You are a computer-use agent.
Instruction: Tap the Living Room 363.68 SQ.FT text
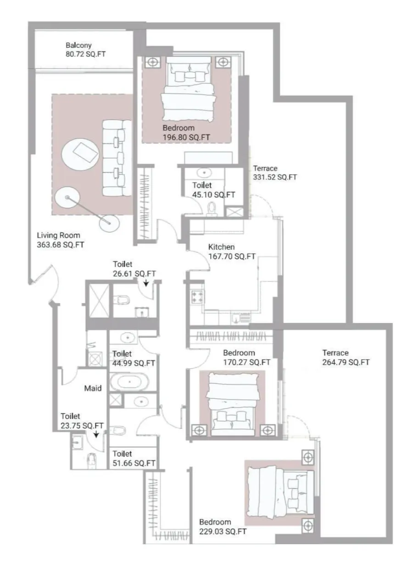(61, 240)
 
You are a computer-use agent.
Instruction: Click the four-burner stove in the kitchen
(197, 296)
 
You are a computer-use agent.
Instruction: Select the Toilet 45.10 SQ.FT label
(213, 190)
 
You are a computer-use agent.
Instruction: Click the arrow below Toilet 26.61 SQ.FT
(146, 283)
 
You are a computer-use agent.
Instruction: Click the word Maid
(93, 388)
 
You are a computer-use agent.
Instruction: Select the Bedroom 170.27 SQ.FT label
(246, 357)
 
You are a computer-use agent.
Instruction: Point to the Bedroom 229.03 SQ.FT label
(223, 527)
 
